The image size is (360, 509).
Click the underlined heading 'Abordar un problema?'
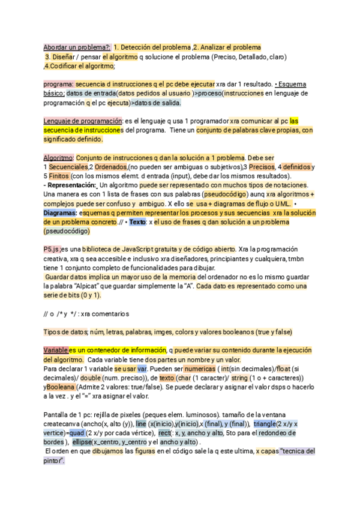point(76,47)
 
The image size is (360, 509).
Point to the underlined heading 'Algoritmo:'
point(57,157)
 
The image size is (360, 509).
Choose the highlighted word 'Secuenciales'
point(67,167)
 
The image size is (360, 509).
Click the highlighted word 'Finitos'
point(58,176)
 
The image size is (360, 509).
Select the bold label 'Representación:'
point(69,185)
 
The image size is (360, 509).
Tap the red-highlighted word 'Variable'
point(55,350)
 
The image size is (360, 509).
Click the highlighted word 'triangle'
point(268,424)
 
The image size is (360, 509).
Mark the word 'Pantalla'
point(58,415)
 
